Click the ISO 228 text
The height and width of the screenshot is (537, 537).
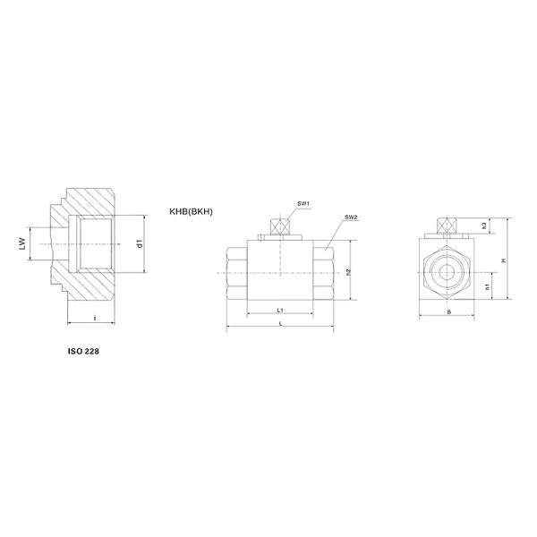(84, 352)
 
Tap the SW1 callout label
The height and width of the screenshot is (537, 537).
(303, 204)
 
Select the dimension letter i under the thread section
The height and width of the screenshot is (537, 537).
(95, 318)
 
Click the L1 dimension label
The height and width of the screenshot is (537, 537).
(280, 310)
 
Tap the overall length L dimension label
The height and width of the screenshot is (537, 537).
(280, 322)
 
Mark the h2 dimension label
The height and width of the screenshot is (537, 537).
(347, 272)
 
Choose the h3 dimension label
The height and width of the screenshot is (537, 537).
(484, 226)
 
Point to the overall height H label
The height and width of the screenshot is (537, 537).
(503, 260)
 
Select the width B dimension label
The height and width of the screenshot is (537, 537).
(448, 313)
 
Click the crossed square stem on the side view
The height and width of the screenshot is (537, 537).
(280, 227)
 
